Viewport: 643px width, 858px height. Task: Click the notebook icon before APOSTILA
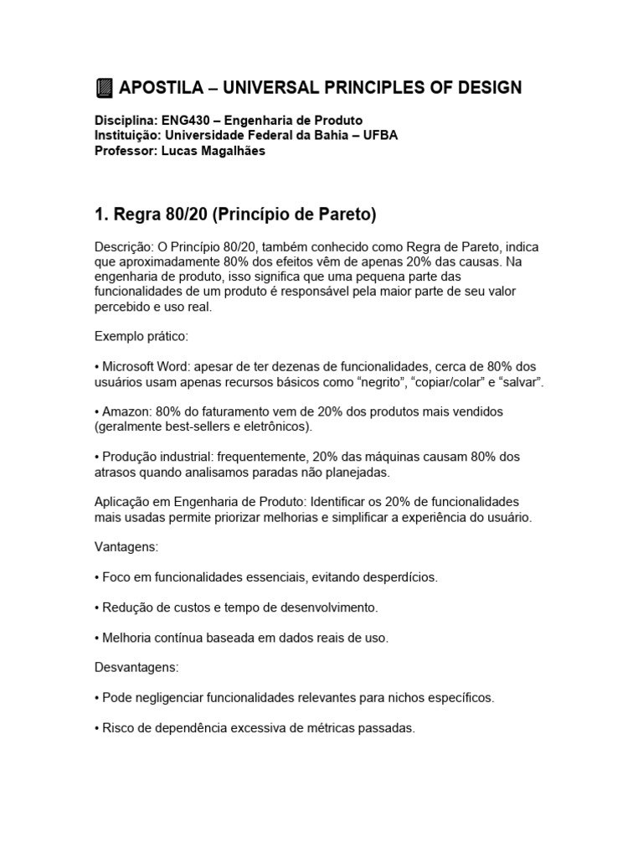click(104, 88)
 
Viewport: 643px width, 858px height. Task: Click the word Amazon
click(126, 412)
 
